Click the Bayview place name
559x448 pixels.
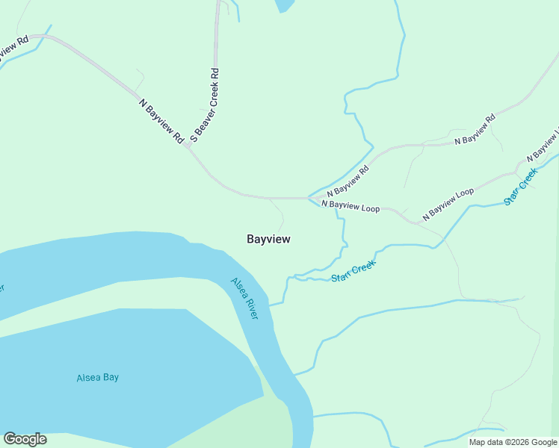(268, 239)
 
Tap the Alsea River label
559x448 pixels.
(244, 299)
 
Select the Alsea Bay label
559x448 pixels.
(97, 377)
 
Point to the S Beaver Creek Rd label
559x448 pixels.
(204, 105)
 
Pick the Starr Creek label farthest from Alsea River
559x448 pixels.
(521, 187)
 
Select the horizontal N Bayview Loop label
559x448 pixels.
(350, 205)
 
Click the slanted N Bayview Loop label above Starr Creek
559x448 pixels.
(448, 203)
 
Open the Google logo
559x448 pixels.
(25, 439)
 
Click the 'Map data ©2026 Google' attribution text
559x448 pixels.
(513, 442)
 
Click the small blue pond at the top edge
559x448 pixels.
(284, 5)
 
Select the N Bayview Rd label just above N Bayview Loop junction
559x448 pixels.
(348, 181)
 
